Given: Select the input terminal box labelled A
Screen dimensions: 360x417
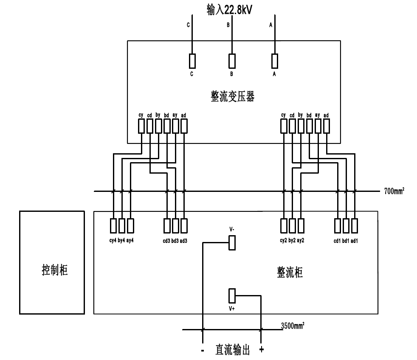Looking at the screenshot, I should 275,61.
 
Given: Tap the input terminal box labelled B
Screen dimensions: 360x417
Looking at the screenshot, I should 232,61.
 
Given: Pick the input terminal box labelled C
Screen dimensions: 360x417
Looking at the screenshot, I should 192,61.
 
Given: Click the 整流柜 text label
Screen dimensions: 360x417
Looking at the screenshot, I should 287,273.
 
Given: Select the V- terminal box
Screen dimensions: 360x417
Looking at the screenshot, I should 232,243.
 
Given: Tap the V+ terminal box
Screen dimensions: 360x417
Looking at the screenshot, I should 232,295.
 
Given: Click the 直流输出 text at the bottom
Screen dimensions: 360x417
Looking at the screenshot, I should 232,350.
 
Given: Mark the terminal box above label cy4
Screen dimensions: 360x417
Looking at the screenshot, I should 113,225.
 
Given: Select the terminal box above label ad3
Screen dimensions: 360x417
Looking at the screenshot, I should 183,225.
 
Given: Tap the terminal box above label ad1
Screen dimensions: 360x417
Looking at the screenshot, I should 355,225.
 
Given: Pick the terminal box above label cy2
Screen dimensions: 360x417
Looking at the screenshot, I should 284,225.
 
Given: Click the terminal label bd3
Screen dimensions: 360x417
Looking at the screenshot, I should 175,240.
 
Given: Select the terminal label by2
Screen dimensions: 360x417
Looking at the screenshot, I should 292,240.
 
